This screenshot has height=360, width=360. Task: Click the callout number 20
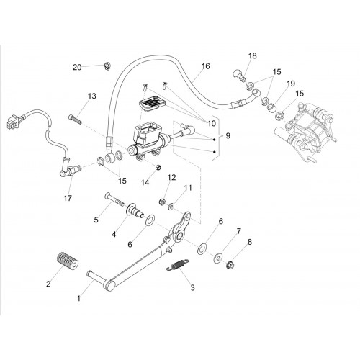coord(77,68)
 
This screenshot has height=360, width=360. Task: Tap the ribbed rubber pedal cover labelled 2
coord(68,261)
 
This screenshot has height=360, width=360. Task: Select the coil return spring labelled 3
coord(178,265)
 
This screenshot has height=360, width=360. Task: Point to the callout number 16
coord(205,66)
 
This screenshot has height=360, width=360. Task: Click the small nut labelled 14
coord(158,167)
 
